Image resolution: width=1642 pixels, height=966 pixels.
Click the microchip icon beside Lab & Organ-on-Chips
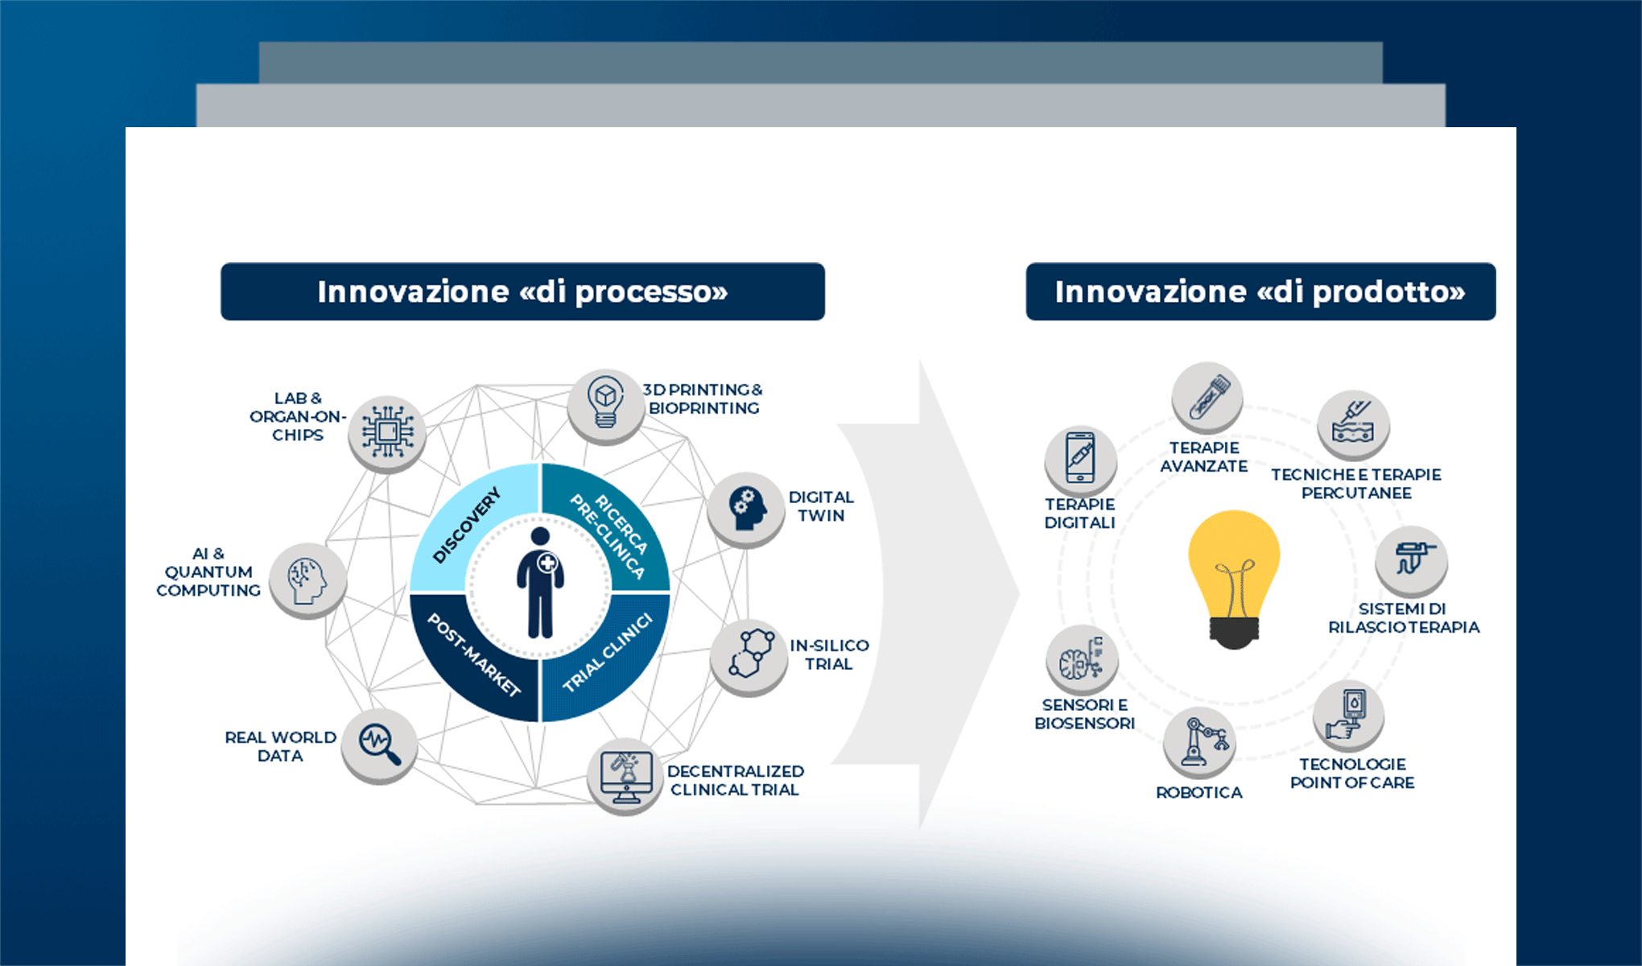point(387,432)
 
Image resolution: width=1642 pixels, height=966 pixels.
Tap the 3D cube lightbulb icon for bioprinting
point(605,405)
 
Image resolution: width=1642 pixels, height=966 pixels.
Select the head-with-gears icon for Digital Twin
point(746,508)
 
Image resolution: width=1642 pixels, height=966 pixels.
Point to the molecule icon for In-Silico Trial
point(749,654)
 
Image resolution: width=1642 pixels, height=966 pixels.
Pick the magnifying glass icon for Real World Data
point(379,744)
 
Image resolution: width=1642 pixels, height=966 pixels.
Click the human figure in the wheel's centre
point(539,584)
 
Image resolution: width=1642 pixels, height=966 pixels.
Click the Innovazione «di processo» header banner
point(522,291)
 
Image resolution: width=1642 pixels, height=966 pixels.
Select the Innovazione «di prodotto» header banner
point(1260,291)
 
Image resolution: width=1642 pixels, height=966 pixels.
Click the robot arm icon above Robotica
point(1199,742)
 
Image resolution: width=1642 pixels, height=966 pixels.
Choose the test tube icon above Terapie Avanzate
point(1207,398)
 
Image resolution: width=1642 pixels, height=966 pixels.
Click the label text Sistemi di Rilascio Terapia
point(1404,618)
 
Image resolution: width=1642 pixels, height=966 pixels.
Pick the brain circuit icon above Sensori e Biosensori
point(1082,661)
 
